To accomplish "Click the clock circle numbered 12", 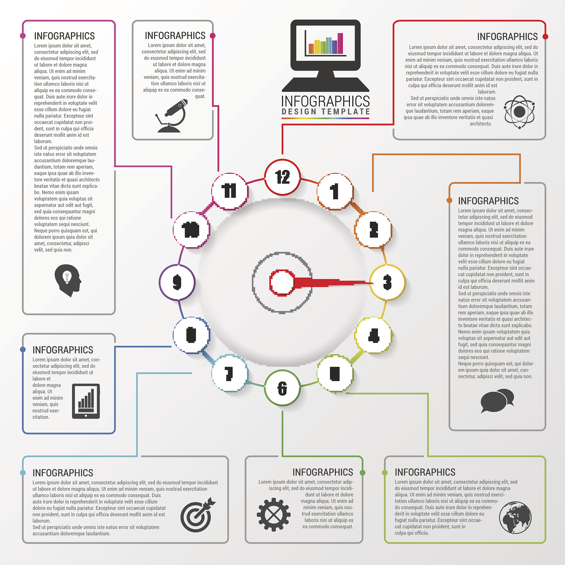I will pyautogui.click(x=282, y=177).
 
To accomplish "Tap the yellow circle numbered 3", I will pyautogui.click(x=387, y=282).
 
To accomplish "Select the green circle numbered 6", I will pyautogui.click(x=282, y=388).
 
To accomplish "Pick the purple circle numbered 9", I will pyautogui.click(x=177, y=282).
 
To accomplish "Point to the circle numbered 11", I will pyautogui.click(x=230, y=191).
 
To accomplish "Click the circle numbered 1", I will pyautogui.click(x=335, y=191).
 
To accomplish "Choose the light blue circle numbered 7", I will pyautogui.click(x=230, y=373).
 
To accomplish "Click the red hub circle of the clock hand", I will pyautogui.click(x=282, y=282).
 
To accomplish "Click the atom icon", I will pyautogui.click(x=519, y=112).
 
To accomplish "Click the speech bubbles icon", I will pyautogui.click(x=497, y=400).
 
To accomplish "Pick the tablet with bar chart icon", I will pyautogui.click(x=86, y=401).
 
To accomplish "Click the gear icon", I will pyautogui.click(x=273, y=515).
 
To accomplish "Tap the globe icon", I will pyautogui.click(x=515, y=517).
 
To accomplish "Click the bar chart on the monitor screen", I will pyautogui.click(x=326, y=44).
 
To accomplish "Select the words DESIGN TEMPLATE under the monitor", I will pyautogui.click(x=326, y=112).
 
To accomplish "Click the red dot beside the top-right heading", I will pyautogui.click(x=545, y=37).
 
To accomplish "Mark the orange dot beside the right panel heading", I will pyautogui.click(x=449, y=200).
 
